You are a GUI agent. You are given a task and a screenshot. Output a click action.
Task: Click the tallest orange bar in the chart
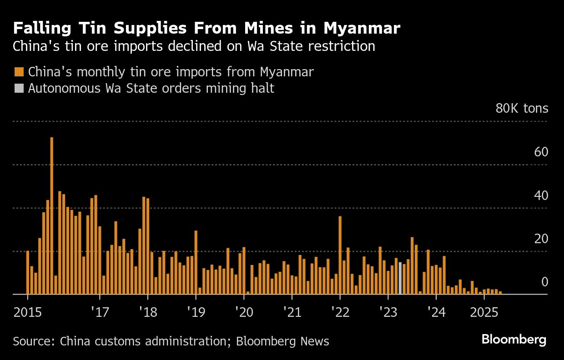click(x=52, y=216)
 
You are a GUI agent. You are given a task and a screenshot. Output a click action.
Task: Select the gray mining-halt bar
click(x=400, y=278)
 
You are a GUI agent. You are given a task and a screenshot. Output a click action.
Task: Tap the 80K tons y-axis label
click(x=522, y=109)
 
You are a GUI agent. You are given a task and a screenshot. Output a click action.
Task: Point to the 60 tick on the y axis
click(x=541, y=152)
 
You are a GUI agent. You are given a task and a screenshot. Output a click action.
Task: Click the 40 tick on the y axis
click(x=541, y=195)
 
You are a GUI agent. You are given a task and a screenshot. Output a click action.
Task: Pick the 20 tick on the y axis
click(x=541, y=239)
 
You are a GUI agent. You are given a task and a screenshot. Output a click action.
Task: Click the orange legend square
click(x=19, y=72)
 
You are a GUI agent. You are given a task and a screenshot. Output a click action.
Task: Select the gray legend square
click(x=19, y=88)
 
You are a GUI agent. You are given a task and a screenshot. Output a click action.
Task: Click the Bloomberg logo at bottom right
click(x=514, y=340)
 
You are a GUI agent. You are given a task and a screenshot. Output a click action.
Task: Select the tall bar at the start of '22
click(x=340, y=255)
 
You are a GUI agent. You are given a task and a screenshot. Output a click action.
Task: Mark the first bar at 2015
click(x=28, y=273)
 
